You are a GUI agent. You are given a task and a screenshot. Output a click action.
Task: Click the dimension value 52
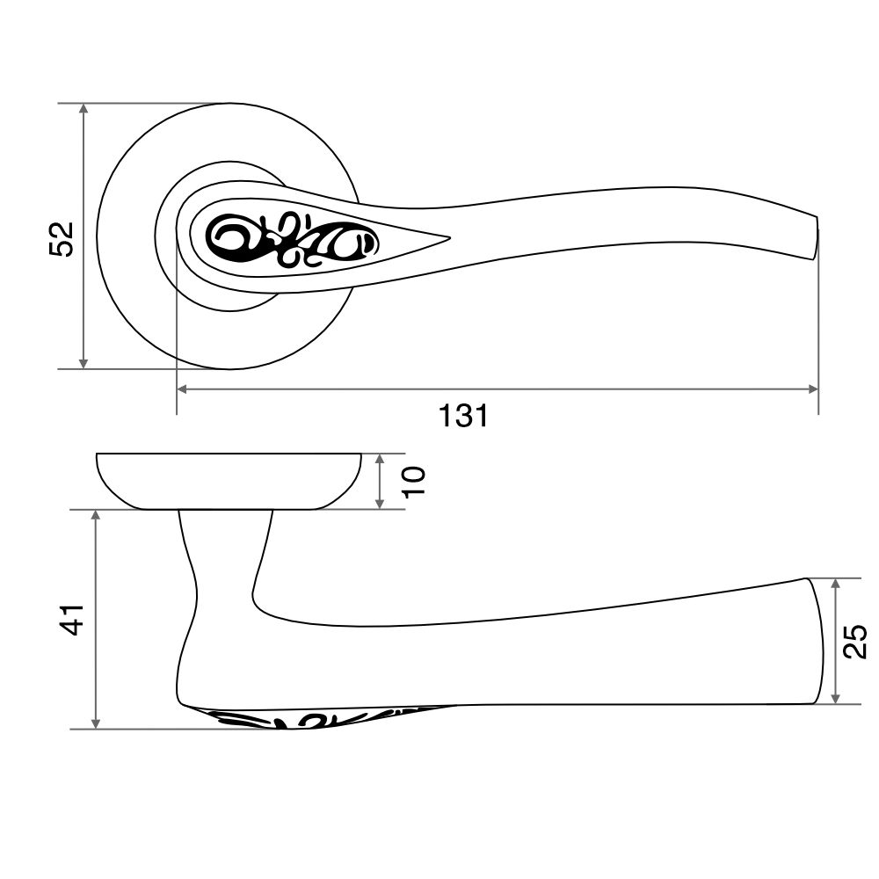point(62,239)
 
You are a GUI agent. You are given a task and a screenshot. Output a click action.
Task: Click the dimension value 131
point(463,416)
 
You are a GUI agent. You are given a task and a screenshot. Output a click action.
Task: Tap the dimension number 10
point(414,482)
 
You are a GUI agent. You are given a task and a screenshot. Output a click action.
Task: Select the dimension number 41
point(72,620)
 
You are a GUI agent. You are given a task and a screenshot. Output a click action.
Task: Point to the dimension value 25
point(855,641)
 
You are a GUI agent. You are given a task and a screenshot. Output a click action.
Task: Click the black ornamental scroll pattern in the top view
point(293,242)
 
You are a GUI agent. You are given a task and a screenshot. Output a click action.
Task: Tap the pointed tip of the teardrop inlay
point(449,237)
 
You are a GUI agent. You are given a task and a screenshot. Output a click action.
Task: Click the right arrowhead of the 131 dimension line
point(813,389)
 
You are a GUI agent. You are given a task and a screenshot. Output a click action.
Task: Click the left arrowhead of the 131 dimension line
point(182,389)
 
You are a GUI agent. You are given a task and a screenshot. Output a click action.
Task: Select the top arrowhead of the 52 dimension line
point(84,109)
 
